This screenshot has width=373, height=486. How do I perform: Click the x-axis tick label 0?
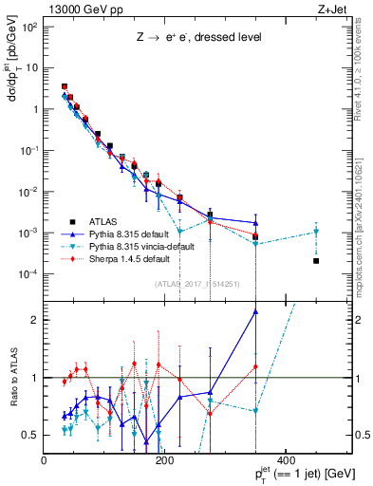(45, 460)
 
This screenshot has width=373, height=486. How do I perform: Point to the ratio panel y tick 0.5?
(31, 435)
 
